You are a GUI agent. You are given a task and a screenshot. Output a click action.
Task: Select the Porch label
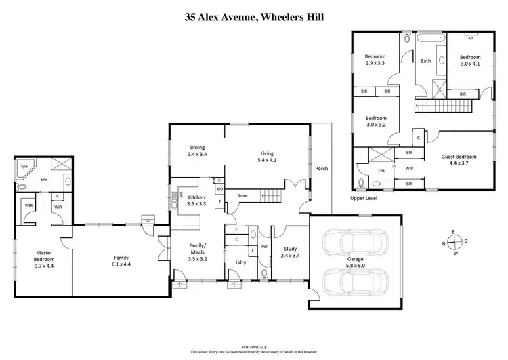[321, 168]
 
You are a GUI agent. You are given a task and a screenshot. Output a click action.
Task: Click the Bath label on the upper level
[425, 61]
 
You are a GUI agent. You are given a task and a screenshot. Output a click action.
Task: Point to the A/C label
[469, 38]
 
